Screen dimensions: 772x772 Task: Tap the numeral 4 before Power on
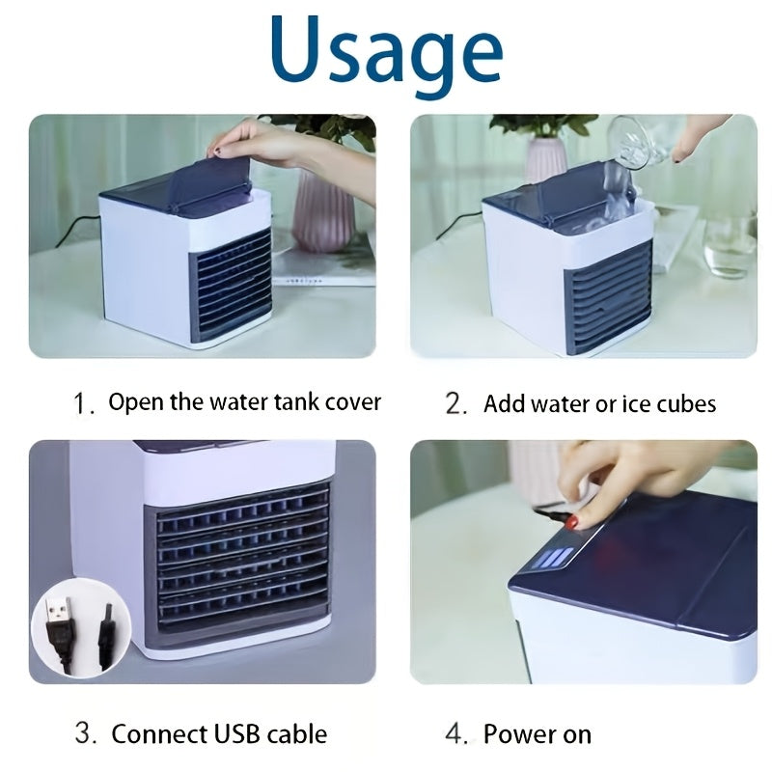click(455, 734)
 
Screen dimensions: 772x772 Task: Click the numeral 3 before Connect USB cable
click(86, 734)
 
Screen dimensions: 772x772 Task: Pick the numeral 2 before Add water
click(455, 403)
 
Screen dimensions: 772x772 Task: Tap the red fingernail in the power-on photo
click(571, 522)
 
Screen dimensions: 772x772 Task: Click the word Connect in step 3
click(157, 734)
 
